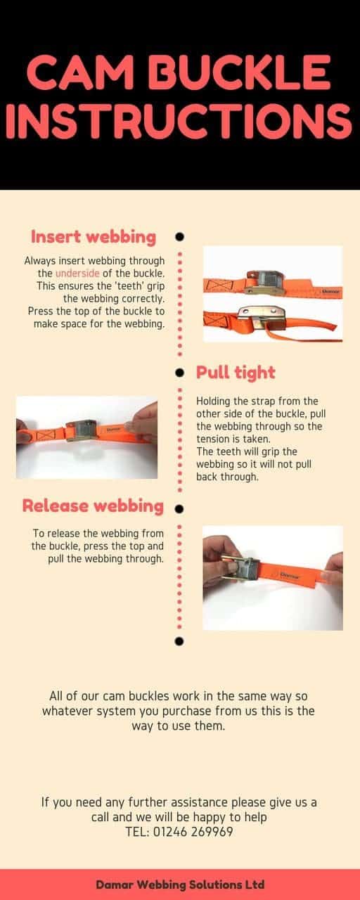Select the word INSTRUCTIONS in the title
pos(180,122)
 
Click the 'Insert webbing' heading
pos(93,236)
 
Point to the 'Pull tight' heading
pos(236,372)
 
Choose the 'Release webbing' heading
pos(93,506)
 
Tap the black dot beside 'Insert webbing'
pos(179,237)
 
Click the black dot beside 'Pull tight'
pos(179,372)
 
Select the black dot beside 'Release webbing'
pos(179,507)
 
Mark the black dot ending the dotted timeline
pos(179,641)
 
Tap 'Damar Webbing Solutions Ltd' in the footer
pos(180,884)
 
